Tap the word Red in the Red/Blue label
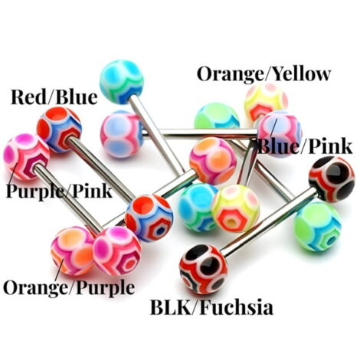coord(29,97)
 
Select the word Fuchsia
coord(237,307)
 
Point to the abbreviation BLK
coord(171,307)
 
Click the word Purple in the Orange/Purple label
coord(106,288)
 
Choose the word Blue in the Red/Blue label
coord(77,97)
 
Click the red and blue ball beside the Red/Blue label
coord(59,129)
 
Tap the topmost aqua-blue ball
coord(122,81)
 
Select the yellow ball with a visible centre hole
coord(235,208)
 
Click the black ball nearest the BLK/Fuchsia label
coord(203,269)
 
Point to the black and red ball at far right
coord(332,179)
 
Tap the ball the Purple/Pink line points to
coord(26,156)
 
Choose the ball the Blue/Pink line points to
coord(280,134)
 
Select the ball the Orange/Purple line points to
coord(72,250)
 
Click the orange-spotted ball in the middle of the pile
coord(213,161)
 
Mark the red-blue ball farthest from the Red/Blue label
coord(149,218)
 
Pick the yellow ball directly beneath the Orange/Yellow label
coord(266,102)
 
